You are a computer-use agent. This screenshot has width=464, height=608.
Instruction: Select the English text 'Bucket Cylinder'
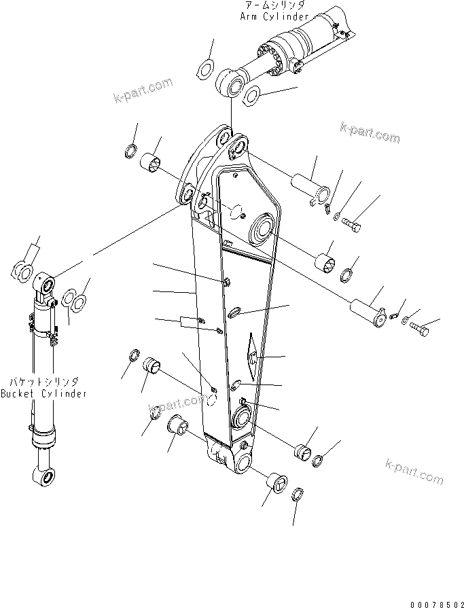coord(43,394)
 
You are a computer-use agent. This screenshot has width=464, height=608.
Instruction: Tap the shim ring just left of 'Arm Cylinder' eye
coord(205,67)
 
